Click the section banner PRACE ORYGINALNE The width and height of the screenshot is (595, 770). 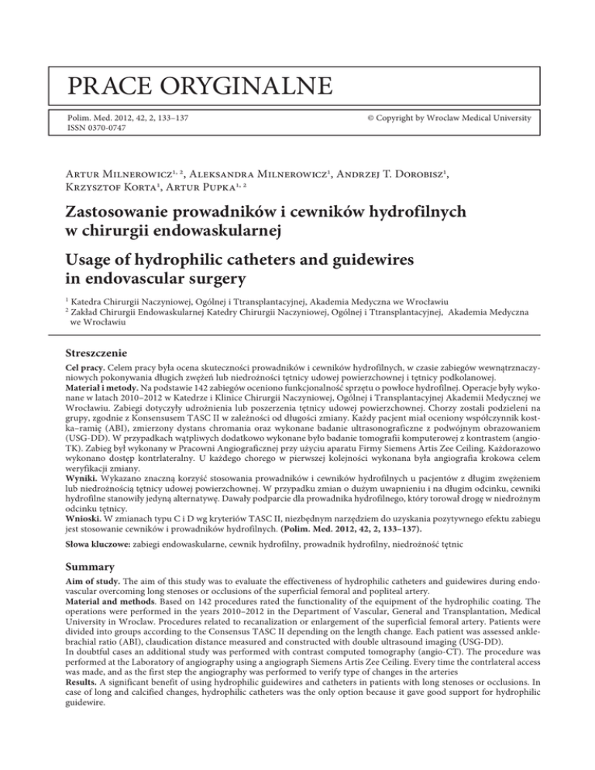pyautogui.click(x=177, y=82)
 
